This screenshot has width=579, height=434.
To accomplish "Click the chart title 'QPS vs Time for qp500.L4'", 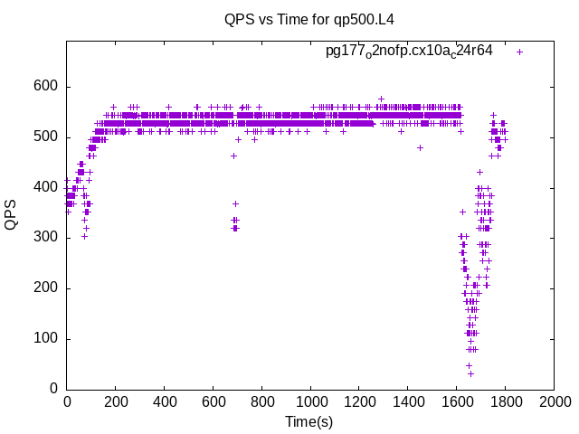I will (309, 18).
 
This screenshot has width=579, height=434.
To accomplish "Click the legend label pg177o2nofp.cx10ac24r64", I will (409, 51).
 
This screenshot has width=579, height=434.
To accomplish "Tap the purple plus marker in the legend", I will (519, 52).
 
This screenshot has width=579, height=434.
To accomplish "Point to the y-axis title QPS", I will (12, 214).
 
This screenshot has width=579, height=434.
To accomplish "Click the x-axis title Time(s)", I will (309, 421).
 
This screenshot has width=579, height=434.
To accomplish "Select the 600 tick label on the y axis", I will (47, 87).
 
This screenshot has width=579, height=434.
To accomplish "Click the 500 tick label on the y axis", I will (47, 137).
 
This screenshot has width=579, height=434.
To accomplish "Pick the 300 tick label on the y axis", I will (47, 238).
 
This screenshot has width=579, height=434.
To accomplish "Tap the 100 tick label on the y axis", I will (47, 339).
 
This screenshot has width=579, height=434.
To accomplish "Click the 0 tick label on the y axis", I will (54, 389).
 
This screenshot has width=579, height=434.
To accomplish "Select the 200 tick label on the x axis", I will (115, 401).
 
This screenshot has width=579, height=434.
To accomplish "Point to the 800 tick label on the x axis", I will (261, 401).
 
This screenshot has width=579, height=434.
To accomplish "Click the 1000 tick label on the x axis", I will (310, 401).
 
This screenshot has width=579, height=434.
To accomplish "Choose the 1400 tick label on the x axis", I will (408, 401).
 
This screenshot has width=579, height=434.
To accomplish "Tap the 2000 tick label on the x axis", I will (555, 401).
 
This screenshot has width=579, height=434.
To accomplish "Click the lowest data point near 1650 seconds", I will (470, 373).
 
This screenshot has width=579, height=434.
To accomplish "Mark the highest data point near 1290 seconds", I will (381, 99).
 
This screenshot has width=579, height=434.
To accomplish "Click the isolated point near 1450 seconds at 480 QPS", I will (420, 147).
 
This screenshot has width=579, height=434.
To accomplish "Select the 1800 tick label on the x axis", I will (506, 401).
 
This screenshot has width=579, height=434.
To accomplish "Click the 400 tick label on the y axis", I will (47, 188).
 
